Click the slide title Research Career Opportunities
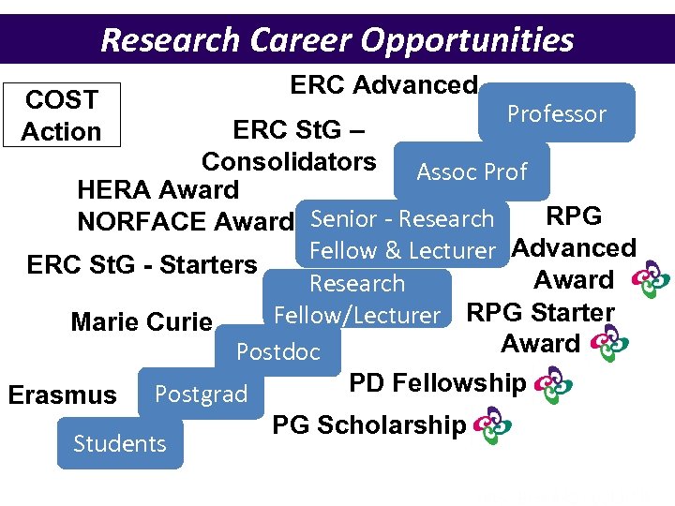click(x=337, y=39)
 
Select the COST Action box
click(x=61, y=115)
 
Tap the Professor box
click(x=556, y=113)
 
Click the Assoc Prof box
click(x=472, y=171)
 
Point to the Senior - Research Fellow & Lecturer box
click(x=402, y=234)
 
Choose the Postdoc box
click(x=277, y=352)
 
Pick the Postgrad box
click(x=201, y=394)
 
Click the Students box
click(x=120, y=443)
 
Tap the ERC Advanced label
click(x=383, y=85)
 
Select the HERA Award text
click(x=157, y=190)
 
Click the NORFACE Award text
click(x=185, y=222)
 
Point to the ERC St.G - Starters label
click(x=142, y=265)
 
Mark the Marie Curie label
click(x=142, y=322)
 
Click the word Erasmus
click(x=62, y=395)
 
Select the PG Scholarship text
click(x=368, y=425)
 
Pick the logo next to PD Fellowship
click(x=553, y=385)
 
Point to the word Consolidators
click(x=289, y=161)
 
